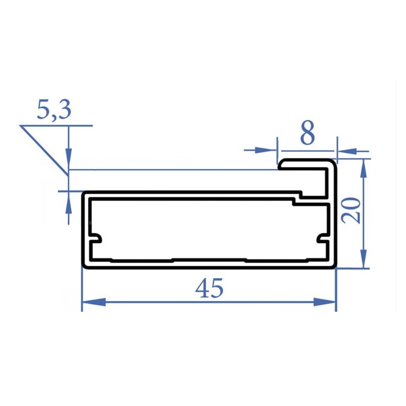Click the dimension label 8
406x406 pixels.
(307, 132)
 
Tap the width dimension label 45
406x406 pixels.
(209, 288)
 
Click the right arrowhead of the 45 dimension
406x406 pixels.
(324, 302)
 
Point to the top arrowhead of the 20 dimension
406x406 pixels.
(364, 168)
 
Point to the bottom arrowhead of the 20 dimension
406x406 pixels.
(364, 259)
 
